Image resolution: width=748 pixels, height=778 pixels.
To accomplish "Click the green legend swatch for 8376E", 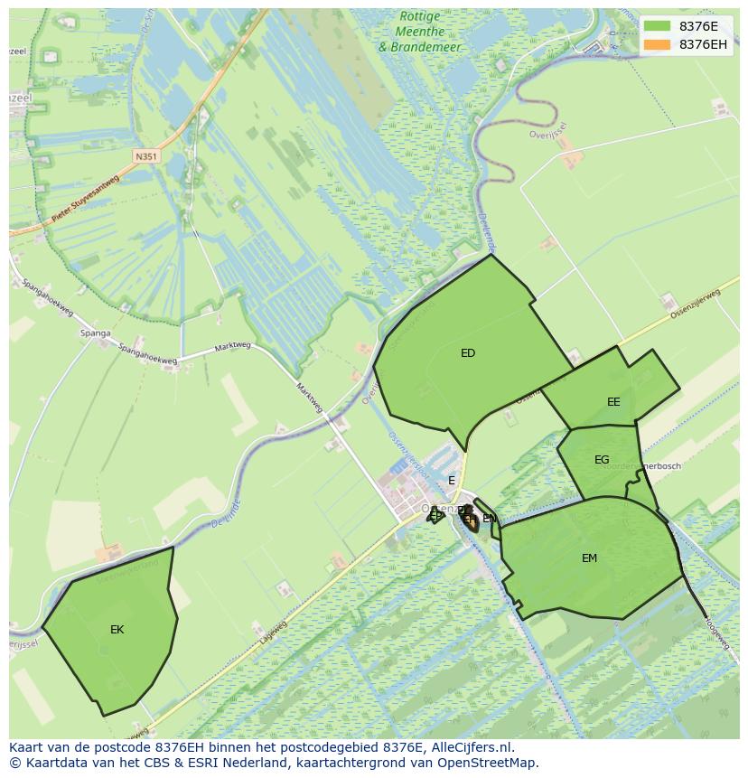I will [657, 26].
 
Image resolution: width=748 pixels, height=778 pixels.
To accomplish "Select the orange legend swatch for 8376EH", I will [657, 44].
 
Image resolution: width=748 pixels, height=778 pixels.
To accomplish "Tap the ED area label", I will [468, 353].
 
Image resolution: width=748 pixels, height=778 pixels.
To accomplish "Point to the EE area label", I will [613, 402].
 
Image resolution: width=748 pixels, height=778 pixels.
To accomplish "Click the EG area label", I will [602, 460].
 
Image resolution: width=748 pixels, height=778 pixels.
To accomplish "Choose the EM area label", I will [589, 558].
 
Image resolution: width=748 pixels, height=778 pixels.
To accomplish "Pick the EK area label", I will [117, 630].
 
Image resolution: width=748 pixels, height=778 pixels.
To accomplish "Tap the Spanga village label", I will [95, 333].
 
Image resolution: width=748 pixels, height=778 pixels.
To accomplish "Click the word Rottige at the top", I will [420, 17].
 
